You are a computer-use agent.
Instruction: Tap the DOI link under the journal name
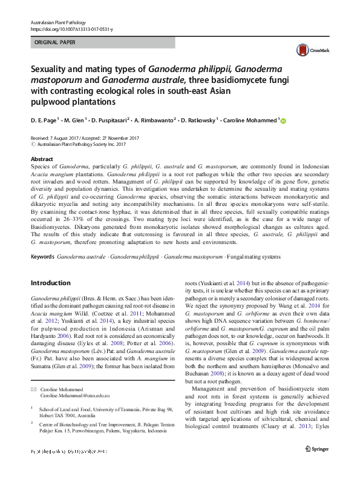71,29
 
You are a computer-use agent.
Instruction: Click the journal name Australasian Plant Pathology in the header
59,22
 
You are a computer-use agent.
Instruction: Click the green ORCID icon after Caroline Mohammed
283,121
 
